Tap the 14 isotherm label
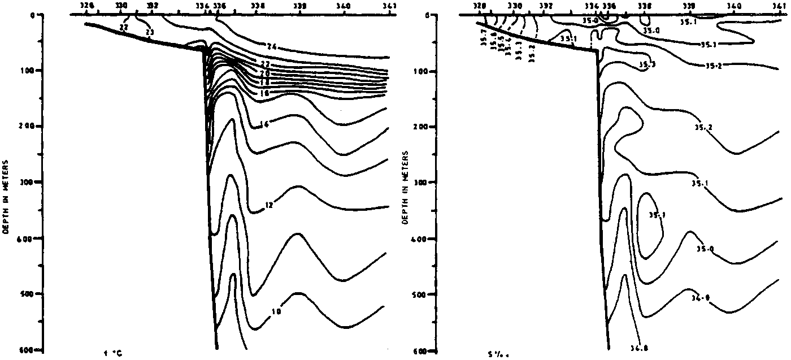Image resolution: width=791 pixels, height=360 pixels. pyautogui.click(x=264, y=124)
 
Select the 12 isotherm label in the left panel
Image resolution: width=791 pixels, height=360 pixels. pyautogui.click(x=269, y=206)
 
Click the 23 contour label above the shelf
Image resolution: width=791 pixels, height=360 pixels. pyautogui.click(x=149, y=33)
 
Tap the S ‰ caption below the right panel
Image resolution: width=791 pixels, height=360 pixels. pyautogui.click(x=495, y=355)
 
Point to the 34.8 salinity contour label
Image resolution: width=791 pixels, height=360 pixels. pyautogui.click(x=639, y=348)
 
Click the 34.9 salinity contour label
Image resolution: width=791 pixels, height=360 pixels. pyautogui.click(x=699, y=297)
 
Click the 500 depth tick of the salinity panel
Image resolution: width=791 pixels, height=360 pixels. pyautogui.click(x=425, y=294)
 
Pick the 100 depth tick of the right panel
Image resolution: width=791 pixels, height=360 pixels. pyautogui.click(x=425, y=71)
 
